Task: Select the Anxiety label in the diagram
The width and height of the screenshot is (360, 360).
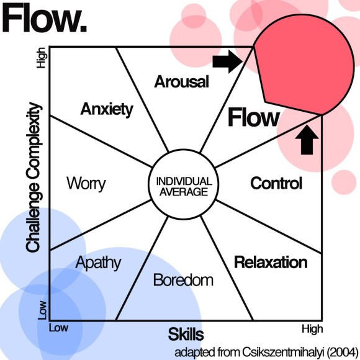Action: click(107, 109)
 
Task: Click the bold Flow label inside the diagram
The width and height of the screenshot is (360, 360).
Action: click(253, 117)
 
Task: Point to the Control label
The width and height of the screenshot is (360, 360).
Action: click(276, 183)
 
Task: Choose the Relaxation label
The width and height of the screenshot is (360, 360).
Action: click(270, 262)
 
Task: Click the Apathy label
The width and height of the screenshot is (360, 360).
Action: click(98, 262)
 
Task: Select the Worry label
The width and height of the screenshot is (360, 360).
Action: click(86, 184)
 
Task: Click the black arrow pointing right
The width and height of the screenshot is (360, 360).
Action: click(228, 60)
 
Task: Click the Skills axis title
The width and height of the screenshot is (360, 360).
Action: click(186, 335)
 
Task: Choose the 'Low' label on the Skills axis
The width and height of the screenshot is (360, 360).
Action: click(58, 327)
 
